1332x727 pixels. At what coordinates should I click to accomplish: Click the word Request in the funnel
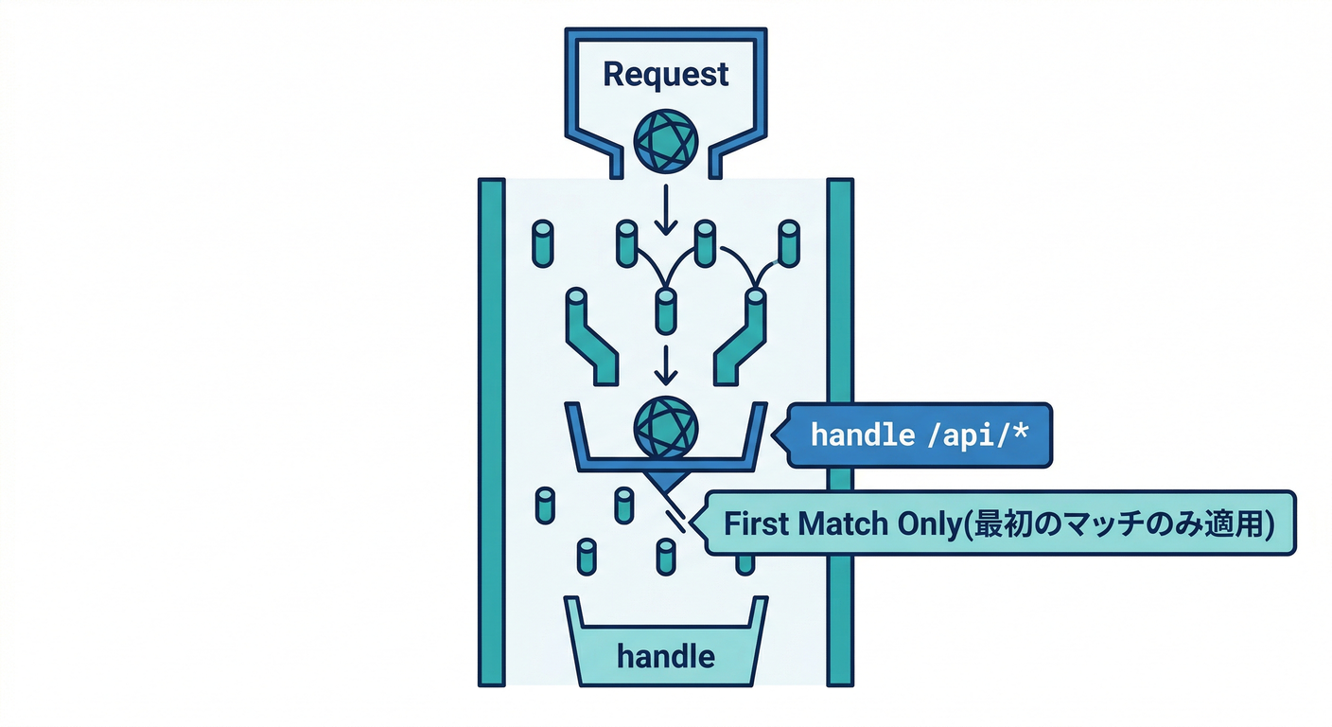click(x=666, y=74)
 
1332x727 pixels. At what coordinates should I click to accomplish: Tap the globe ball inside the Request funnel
click(x=666, y=142)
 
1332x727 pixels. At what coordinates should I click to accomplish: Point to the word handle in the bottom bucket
click(x=666, y=655)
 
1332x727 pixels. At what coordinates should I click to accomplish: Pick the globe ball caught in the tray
click(x=666, y=428)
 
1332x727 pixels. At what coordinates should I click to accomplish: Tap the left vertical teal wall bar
click(x=491, y=431)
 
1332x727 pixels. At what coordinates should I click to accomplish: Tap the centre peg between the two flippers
click(x=666, y=310)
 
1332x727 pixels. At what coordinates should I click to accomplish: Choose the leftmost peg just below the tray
click(x=544, y=505)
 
